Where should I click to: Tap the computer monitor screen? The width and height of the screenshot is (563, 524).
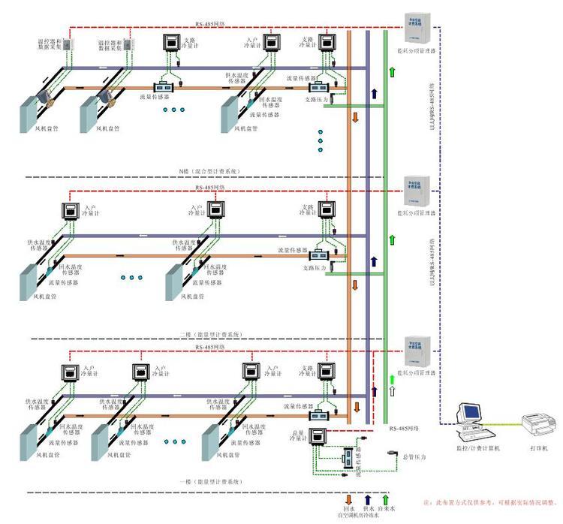click(x=471, y=411)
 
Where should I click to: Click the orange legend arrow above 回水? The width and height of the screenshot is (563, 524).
click(x=348, y=498)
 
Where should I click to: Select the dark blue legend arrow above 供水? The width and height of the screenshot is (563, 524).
click(x=368, y=498)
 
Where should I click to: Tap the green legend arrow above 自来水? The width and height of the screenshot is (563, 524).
click(x=386, y=498)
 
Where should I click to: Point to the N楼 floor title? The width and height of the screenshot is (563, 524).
click(x=210, y=171)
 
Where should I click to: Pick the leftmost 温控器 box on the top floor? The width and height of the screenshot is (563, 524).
click(x=67, y=44)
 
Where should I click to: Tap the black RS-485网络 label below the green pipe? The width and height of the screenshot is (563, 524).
click(x=406, y=429)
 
